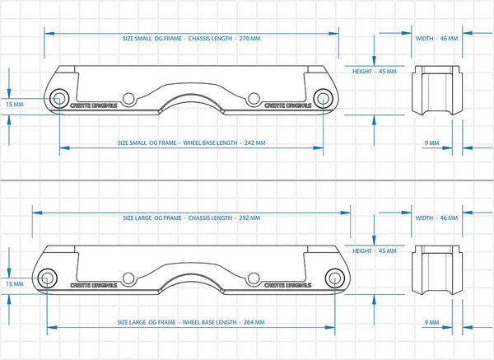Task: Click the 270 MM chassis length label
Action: pos(191,39)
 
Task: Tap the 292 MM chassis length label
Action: pos(191,218)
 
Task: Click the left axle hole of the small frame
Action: pos(59,99)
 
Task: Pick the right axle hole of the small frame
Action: pos(322,99)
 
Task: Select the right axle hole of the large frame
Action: pos(335,277)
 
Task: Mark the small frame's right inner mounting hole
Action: pos(252,99)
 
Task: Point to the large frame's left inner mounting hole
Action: pos(129,278)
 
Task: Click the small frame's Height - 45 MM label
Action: pos(375,72)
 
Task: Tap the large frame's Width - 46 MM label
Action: pos(436,218)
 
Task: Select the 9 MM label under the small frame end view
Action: pos(431,143)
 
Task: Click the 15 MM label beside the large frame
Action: pos(14,283)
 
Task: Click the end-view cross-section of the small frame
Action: pos(434,90)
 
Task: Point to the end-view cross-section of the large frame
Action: pos(434,269)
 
